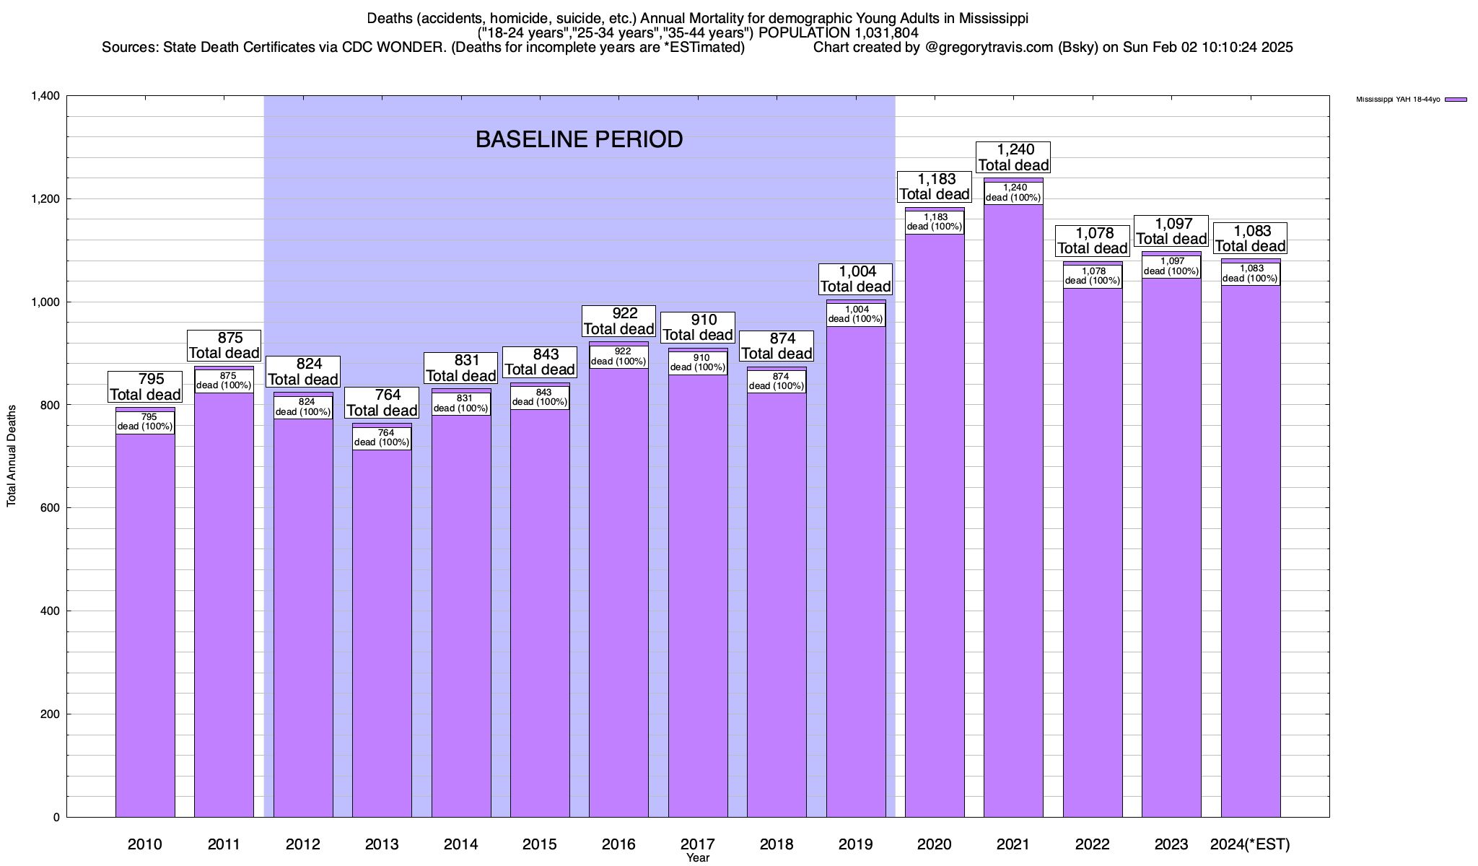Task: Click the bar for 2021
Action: tap(1013, 505)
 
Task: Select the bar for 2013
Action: tap(382, 628)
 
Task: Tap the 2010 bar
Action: tap(145, 621)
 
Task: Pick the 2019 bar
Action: tap(856, 563)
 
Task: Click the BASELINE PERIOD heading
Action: tap(579, 139)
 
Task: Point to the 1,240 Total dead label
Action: tap(1013, 157)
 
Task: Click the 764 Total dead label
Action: tap(382, 403)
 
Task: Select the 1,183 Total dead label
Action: tap(935, 186)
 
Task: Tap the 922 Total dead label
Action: tap(618, 321)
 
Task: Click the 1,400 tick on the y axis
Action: tap(45, 96)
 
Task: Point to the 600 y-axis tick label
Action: tap(49, 508)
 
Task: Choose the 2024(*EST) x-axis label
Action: tap(1250, 844)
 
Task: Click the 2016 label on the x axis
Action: tap(618, 844)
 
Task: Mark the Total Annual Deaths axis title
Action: tap(12, 455)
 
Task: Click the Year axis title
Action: tap(698, 858)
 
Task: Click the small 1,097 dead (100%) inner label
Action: tap(1171, 266)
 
